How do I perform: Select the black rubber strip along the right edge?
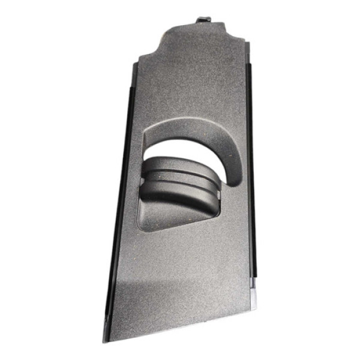(251, 180)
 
